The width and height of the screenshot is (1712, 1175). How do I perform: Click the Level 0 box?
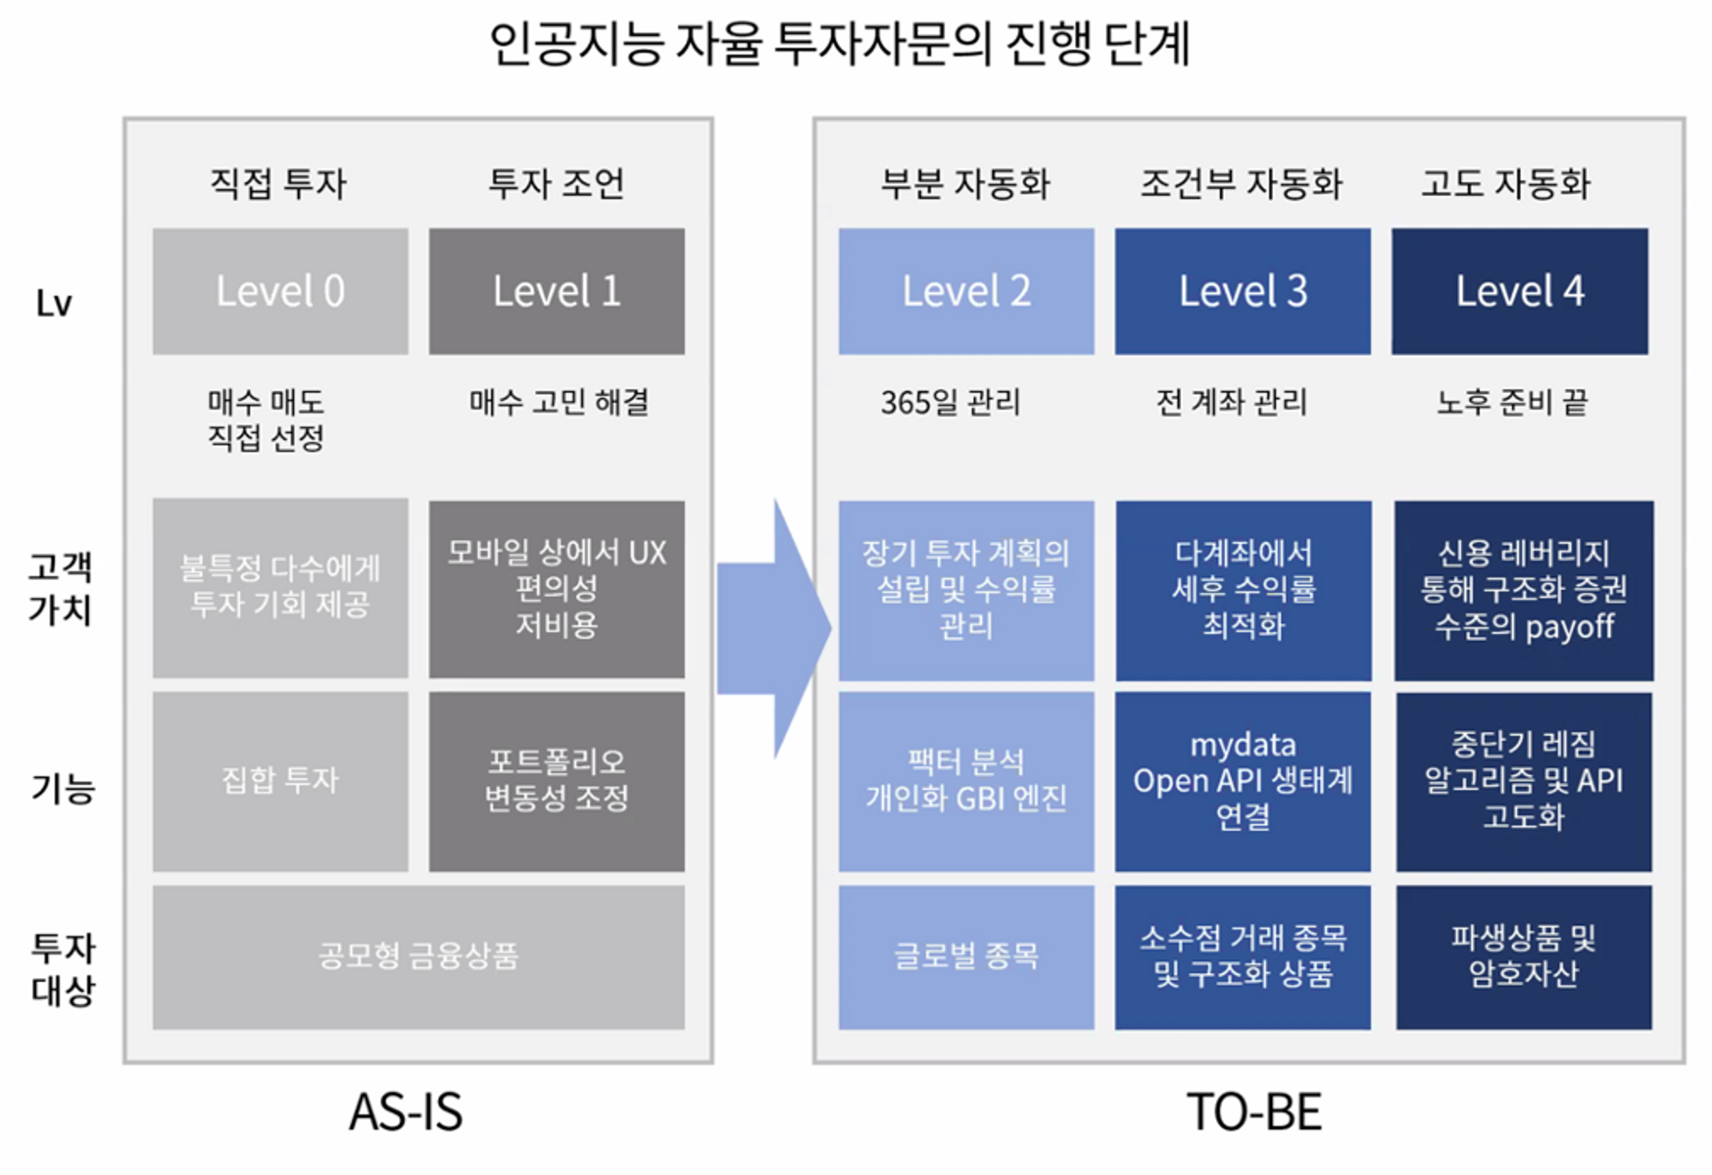(x=280, y=291)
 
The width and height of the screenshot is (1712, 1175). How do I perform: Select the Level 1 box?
(x=556, y=291)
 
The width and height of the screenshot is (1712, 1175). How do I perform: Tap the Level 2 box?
(x=966, y=291)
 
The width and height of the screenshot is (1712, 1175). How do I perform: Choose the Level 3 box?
(x=1242, y=291)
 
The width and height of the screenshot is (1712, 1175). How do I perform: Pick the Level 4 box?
(x=1519, y=291)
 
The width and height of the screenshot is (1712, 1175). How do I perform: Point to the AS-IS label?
(x=406, y=1112)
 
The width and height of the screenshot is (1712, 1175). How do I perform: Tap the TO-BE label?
(x=1254, y=1112)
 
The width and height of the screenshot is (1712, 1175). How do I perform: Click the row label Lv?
(x=54, y=303)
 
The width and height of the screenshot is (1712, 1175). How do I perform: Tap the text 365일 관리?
(x=951, y=401)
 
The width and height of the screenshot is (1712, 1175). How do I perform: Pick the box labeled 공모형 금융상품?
(x=418, y=956)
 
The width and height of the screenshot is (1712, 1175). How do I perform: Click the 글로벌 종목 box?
(x=966, y=956)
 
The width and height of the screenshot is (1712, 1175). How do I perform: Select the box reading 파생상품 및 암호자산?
(x=1524, y=956)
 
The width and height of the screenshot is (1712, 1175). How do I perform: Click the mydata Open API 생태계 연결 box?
(x=1242, y=780)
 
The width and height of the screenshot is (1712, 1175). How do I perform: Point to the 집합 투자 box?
(x=280, y=780)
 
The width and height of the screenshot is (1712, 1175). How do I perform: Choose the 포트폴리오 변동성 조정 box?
(x=556, y=780)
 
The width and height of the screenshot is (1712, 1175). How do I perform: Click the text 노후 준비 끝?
(x=1512, y=401)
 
